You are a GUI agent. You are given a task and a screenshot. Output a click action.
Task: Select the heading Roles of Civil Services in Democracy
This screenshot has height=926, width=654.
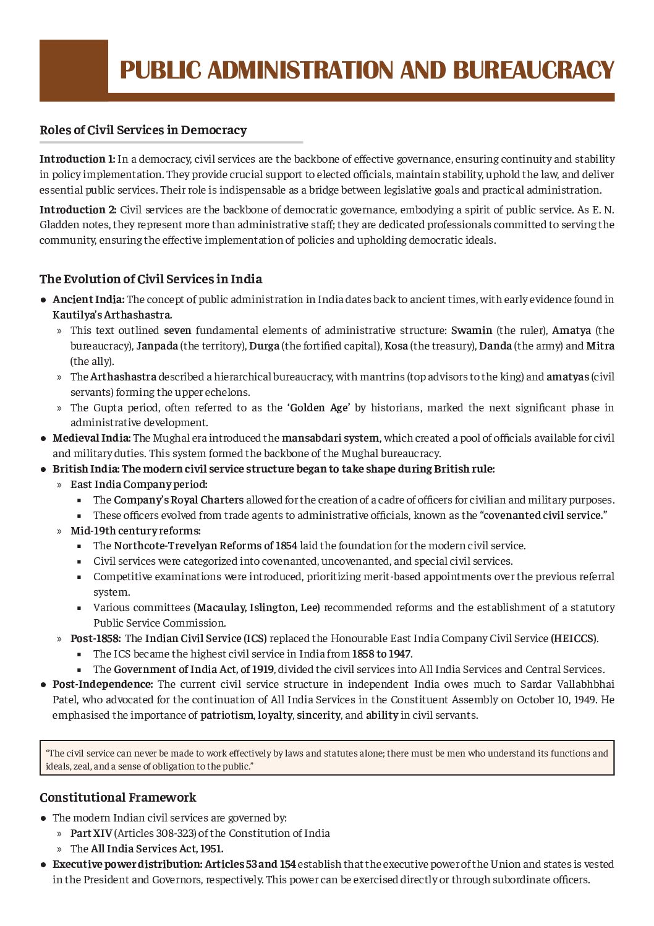pos(143,130)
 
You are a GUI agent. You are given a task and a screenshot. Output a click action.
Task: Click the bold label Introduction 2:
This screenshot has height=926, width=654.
pos(78,210)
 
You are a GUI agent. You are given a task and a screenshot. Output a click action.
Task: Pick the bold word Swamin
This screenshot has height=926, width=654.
pos(472,330)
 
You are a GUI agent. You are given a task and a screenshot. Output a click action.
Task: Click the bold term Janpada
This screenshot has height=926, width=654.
pos(157,346)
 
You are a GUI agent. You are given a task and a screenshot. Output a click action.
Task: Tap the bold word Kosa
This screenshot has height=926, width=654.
pos(396,346)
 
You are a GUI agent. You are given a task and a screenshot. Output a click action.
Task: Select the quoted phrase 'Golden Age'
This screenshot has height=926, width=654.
pos(318,408)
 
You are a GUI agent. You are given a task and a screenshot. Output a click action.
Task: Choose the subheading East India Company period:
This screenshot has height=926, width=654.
pos(139,484)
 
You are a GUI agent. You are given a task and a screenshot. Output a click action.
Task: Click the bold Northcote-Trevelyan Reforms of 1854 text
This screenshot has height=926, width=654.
pos(205,546)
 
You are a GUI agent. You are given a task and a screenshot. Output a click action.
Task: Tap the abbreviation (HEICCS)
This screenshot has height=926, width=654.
pos(574,638)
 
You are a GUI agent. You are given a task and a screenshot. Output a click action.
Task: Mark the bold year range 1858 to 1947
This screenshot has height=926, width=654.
pos(381,654)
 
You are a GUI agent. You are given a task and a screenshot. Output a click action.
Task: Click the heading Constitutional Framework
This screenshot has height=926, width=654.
pos(117,797)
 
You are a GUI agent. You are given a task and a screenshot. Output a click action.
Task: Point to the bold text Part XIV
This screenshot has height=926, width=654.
pos(91,833)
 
